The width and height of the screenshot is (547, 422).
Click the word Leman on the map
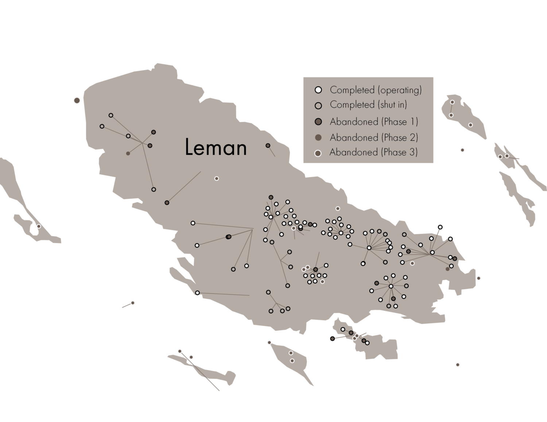[x=216, y=148]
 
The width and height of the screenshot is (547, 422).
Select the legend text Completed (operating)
[x=376, y=90]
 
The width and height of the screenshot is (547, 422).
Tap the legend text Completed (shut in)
[x=368, y=105]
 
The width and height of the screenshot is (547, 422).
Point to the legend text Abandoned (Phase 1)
[x=374, y=122]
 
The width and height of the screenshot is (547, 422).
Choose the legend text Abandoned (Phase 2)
[x=374, y=138]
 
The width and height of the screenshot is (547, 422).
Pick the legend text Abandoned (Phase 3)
[x=374, y=152]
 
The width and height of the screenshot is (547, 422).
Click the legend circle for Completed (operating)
[x=318, y=90]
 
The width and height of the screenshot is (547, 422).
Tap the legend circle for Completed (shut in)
[x=318, y=105]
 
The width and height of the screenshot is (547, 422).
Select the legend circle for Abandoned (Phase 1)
[x=318, y=122]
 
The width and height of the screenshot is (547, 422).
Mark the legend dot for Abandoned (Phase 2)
[x=318, y=138]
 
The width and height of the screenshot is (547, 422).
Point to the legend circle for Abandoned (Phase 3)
[x=318, y=153]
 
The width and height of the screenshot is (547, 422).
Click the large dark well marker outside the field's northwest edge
[x=77, y=100]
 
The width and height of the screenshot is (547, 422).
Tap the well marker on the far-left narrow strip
[x=38, y=226]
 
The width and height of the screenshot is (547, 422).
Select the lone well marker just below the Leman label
[x=217, y=179]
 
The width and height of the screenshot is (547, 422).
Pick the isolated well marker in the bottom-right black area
[x=458, y=365]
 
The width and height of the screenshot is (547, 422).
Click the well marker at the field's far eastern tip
[x=478, y=278]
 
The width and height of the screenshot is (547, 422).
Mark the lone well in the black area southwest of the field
[x=133, y=303]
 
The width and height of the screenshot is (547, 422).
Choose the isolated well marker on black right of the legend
[x=462, y=150]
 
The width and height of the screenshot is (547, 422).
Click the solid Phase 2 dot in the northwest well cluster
[x=128, y=154]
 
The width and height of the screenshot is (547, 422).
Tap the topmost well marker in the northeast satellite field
[x=452, y=102]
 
